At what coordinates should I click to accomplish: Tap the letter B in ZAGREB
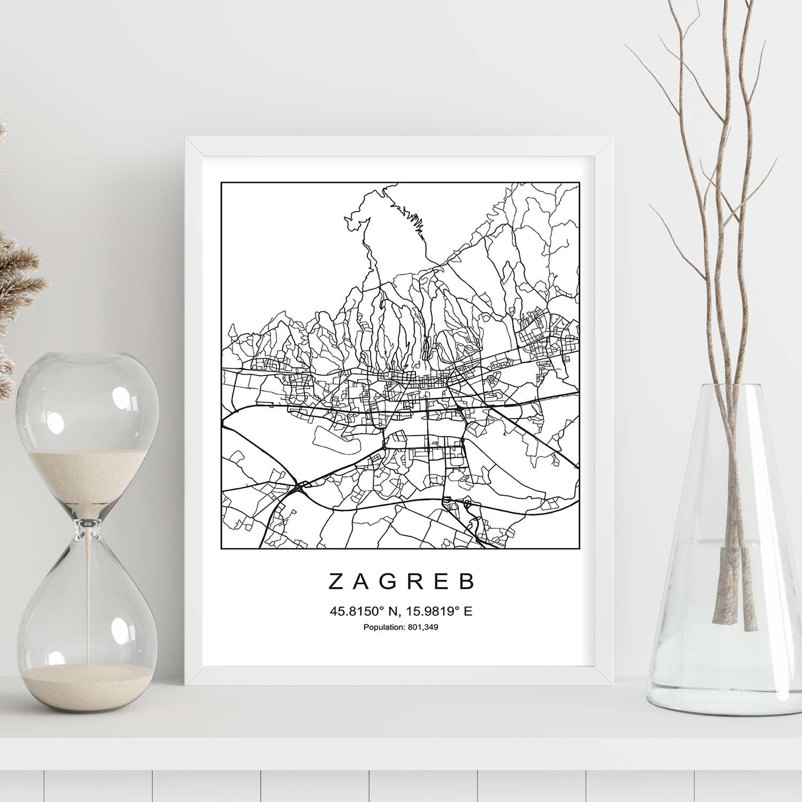467,581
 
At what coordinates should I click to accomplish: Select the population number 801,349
422,627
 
